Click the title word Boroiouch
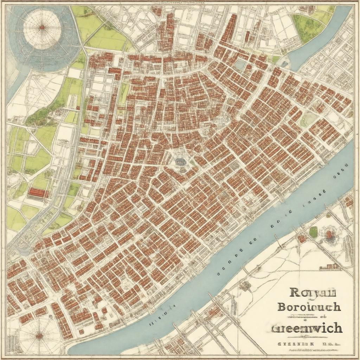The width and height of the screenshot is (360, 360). (x=309, y=307)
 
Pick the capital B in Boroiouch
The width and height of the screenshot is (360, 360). (x=282, y=306)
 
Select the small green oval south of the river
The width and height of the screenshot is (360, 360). (x=313, y=232)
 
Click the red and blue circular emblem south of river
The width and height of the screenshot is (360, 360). (x=329, y=233)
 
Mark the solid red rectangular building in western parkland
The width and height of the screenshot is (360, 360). (x=38, y=192)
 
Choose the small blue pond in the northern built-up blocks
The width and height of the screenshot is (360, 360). (x=241, y=64)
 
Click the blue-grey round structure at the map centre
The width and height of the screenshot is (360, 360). (x=180, y=161)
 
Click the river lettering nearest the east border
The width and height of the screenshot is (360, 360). (x=341, y=169)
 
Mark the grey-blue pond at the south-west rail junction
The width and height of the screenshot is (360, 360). (x=23, y=250)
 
